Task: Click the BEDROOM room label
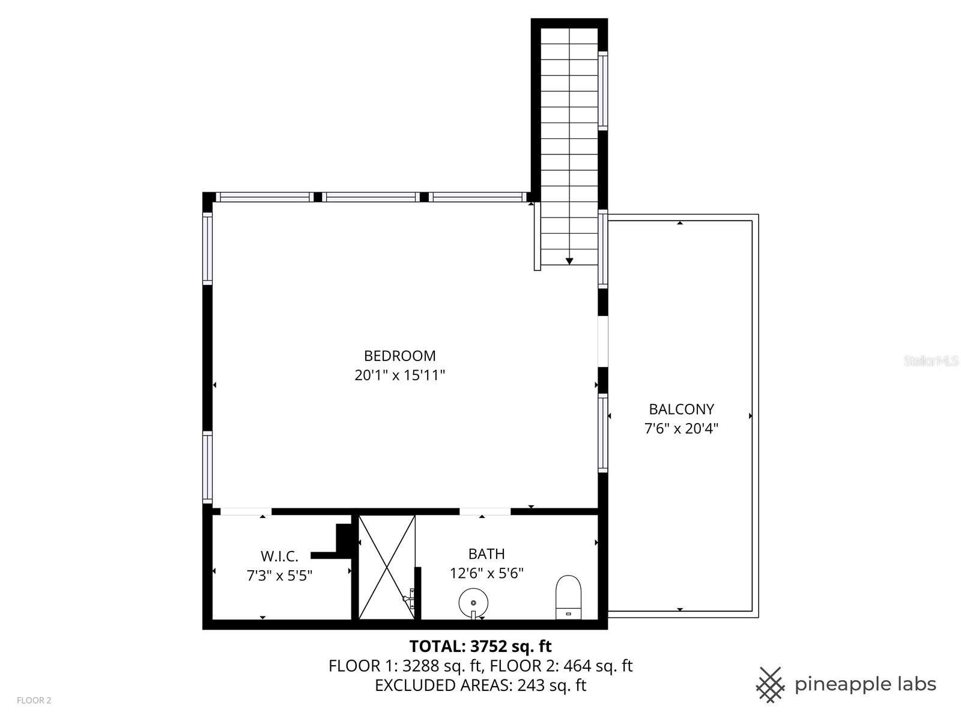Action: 400,356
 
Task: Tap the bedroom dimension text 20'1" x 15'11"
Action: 400,375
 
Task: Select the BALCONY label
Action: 681,409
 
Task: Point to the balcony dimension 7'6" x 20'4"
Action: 681,428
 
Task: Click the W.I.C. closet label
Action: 279,556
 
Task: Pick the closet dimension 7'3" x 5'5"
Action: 279,575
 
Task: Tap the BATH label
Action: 487,554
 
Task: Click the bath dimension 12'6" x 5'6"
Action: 487,573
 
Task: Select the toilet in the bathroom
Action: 568,597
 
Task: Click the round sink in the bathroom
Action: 473,603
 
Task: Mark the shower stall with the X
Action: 387,567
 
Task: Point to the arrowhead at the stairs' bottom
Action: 569,261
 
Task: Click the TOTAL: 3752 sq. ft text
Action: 480,646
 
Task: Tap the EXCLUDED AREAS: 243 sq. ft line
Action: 480,685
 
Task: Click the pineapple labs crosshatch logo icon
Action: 770,685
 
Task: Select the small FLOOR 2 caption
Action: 34,701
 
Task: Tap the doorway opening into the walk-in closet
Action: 246,511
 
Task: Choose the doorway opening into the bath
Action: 485,511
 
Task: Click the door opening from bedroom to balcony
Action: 603,341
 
